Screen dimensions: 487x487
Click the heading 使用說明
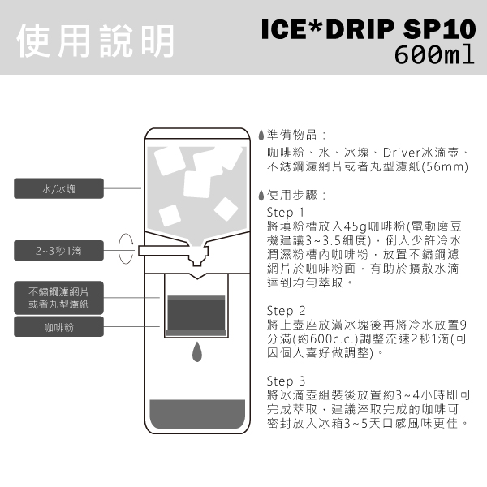click(95, 37)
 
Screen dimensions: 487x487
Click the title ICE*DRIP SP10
click(366, 30)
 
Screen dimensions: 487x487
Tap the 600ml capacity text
click(432, 56)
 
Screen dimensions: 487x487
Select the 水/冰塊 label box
click(59, 189)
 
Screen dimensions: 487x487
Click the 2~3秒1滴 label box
click(59, 251)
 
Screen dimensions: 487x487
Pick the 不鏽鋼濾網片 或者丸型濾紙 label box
click(59, 297)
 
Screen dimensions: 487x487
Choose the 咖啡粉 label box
click(59, 328)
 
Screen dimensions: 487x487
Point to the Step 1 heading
click(286, 212)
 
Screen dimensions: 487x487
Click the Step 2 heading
click(286, 310)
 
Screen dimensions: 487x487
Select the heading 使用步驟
click(292, 196)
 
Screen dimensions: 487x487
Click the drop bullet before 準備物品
click(261, 135)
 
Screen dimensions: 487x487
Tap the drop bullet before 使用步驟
click(261, 196)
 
